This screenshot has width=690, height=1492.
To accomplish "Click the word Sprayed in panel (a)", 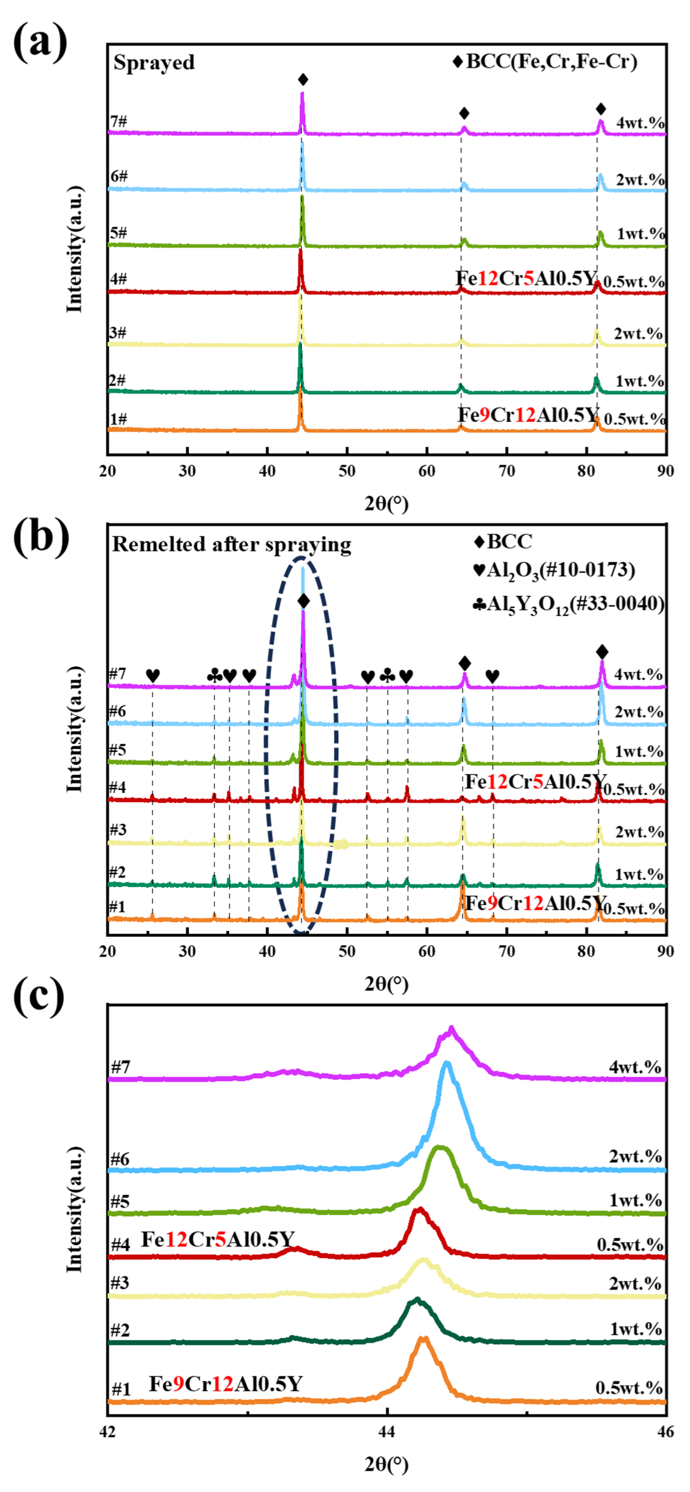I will [x=154, y=63].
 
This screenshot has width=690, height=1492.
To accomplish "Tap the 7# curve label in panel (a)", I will [x=119, y=121].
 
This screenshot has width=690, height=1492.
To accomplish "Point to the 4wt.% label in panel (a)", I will [x=640, y=123].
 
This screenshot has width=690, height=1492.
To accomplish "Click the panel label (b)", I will [x=41, y=536].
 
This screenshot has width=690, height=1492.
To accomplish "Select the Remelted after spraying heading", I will [x=232, y=545].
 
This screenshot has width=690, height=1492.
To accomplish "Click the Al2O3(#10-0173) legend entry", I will [x=554, y=570].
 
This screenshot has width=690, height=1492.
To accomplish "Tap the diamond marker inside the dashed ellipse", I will [x=303, y=601].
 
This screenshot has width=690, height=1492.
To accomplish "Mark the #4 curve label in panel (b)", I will [x=117, y=787].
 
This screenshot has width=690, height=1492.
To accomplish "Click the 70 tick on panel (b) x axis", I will [x=506, y=951].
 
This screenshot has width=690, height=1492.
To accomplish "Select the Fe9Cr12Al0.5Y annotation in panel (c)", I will [x=226, y=1384].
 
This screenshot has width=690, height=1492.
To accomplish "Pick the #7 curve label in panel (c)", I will [x=120, y=1066].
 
